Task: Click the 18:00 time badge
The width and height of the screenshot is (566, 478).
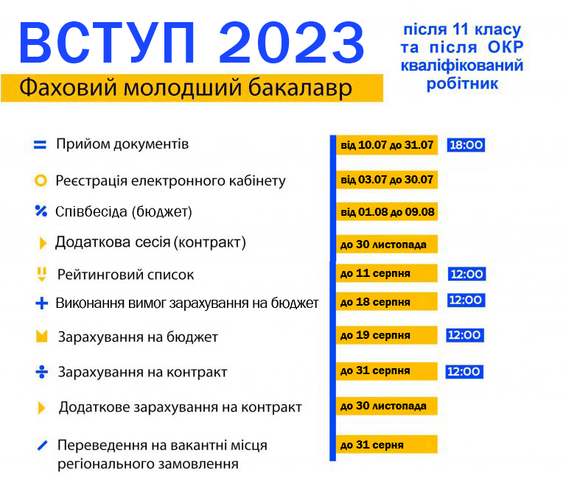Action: click(x=466, y=144)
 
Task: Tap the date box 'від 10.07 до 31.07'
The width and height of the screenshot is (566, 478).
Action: click(x=387, y=145)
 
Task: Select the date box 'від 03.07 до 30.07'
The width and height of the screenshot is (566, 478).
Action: click(x=387, y=180)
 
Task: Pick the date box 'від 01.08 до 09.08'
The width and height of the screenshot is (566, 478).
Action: click(x=387, y=212)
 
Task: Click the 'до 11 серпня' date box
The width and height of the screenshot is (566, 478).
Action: click(x=387, y=273)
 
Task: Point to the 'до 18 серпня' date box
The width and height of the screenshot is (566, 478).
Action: click(x=387, y=301)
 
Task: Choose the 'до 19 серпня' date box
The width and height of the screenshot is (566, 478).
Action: click(x=387, y=335)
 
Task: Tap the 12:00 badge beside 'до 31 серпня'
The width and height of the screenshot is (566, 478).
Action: click(x=464, y=371)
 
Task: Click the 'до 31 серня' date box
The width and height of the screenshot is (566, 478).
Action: click(x=387, y=444)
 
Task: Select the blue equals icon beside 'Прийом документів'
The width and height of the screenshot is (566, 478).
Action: click(x=40, y=144)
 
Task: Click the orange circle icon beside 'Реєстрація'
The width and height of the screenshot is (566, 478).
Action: click(x=41, y=180)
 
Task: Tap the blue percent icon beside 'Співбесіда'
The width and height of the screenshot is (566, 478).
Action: click(x=41, y=211)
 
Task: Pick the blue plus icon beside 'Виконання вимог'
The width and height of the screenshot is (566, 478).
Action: click(x=41, y=303)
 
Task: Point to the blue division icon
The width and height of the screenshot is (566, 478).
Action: click(x=41, y=372)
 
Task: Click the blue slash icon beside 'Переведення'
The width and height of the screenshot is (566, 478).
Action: click(x=42, y=446)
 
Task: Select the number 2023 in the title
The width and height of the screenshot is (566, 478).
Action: click(x=292, y=43)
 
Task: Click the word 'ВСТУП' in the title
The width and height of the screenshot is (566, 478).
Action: click(x=107, y=43)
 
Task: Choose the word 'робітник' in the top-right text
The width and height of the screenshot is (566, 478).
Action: click(x=462, y=84)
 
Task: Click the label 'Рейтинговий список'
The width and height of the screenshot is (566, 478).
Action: click(x=125, y=275)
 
